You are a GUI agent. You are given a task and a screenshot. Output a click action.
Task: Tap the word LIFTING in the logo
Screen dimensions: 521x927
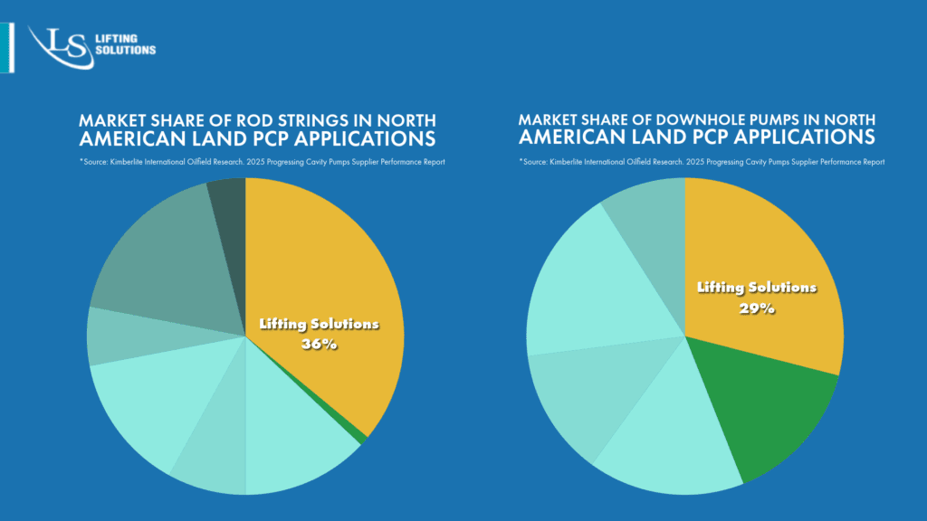point(117,39)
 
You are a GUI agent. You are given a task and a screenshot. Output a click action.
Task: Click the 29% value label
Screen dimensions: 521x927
point(757,308)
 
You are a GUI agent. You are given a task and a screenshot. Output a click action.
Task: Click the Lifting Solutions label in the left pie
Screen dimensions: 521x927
point(319,324)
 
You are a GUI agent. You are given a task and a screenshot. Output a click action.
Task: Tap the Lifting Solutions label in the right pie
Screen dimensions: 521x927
point(757,288)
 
